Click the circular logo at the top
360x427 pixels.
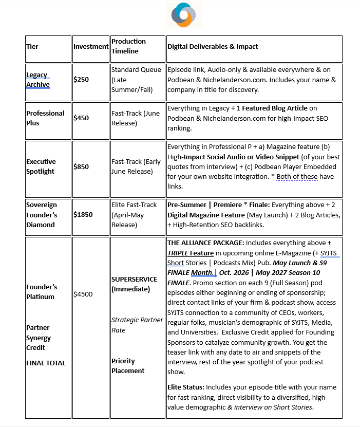coord(184,15)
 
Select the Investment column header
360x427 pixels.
coord(91,47)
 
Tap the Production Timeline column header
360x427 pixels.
coord(128,46)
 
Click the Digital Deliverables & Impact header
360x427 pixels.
coord(213,47)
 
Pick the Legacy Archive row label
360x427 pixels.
coord(38,80)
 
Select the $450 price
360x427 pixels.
coord(81,118)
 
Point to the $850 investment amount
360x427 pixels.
coord(81,166)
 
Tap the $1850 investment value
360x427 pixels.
coord(83,214)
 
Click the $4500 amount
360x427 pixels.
coord(83,294)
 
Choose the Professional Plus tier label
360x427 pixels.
coord(45,118)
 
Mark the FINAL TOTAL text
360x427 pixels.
coord(46,363)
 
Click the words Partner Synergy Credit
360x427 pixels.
coord(39,338)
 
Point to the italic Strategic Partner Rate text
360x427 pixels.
coord(137,325)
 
